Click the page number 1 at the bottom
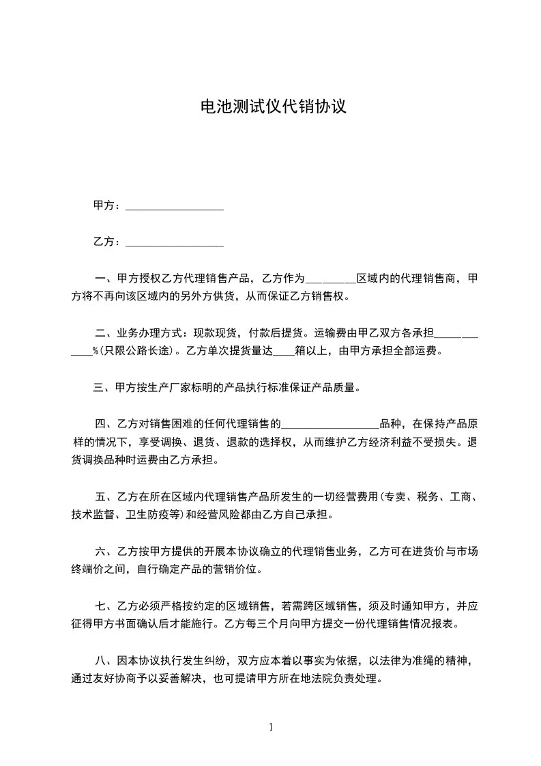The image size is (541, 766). tap(271, 726)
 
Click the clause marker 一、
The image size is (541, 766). tap(104, 279)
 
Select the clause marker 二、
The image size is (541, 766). tap(104, 335)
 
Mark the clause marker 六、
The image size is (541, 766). tap(104, 552)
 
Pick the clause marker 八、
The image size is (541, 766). tap(104, 661)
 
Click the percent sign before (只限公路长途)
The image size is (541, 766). tap(96, 352)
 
